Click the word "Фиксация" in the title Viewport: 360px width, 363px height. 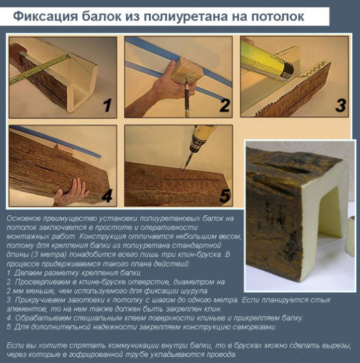[x=42, y=17]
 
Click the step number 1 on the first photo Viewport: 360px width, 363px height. [x=107, y=106]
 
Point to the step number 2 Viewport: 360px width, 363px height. [x=224, y=106]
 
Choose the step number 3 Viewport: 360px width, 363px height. [x=340, y=106]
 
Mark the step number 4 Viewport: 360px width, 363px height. [x=107, y=196]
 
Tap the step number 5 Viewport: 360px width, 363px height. [x=224, y=196]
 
